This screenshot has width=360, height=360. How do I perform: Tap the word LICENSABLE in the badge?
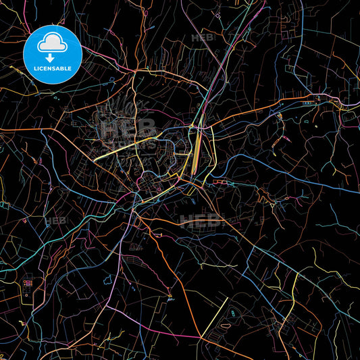(x=52, y=69)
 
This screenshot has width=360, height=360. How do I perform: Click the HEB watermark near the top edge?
(x=202, y=38)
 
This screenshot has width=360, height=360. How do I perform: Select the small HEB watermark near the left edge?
(x=53, y=221)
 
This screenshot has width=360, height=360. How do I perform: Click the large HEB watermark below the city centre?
(x=200, y=219)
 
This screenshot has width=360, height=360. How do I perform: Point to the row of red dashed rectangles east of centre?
(x=222, y=182)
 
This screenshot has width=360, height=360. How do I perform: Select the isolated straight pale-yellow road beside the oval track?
(x=215, y=317)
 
